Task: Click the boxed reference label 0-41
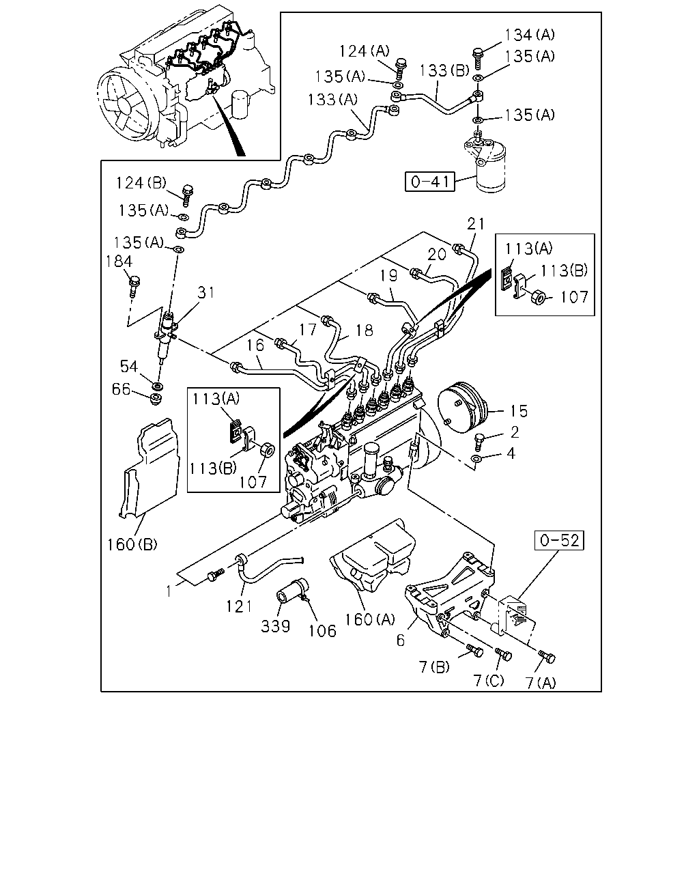pyautogui.click(x=430, y=182)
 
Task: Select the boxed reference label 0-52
pyautogui.click(x=559, y=540)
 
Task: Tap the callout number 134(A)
pyautogui.click(x=530, y=35)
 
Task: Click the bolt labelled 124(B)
pyautogui.click(x=187, y=195)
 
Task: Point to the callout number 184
pyautogui.click(x=119, y=261)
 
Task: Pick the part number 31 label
pyautogui.click(x=206, y=292)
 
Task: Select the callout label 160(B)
pyautogui.click(x=132, y=544)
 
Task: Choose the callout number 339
pyautogui.click(x=275, y=626)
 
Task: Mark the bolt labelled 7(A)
pyautogui.click(x=547, y=656)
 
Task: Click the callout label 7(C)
pyautogui.click(x=489, y=680)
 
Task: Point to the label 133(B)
pyautogui.click(x=444, y=70)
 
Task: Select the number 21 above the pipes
pyautogui.click(x=476, y=224)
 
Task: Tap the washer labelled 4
pyautogui.click(x=476, y=459)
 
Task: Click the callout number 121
pyautogui.click(x=239, y=606)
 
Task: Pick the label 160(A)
pyautogui.click(x=369, y=619)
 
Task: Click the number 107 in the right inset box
pyautogui.click(x=574, y=297)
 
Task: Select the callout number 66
pyautogui.click(x=121, y=389)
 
